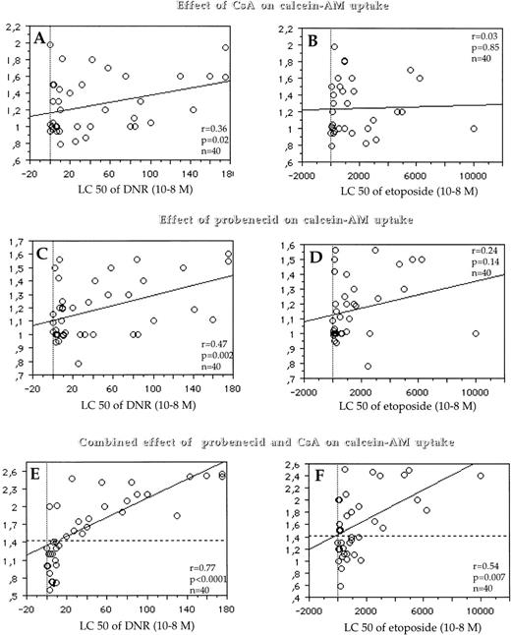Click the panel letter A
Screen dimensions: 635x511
pos(40,40)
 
